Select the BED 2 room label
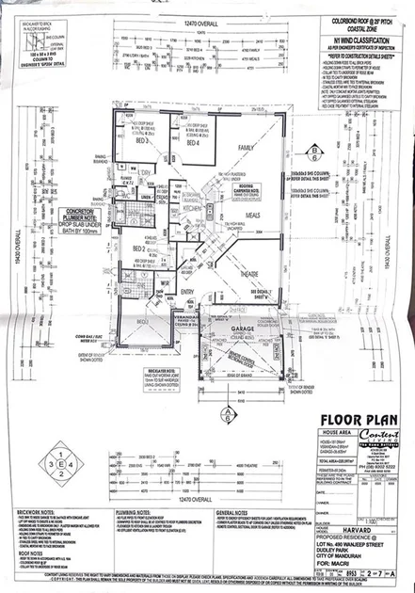pos(139,248)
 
